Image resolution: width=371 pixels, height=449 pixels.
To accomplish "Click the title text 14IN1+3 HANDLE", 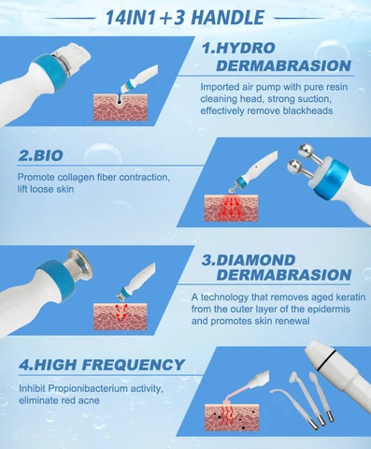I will (185, 16).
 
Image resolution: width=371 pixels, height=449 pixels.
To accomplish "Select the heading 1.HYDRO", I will (244, 47).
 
